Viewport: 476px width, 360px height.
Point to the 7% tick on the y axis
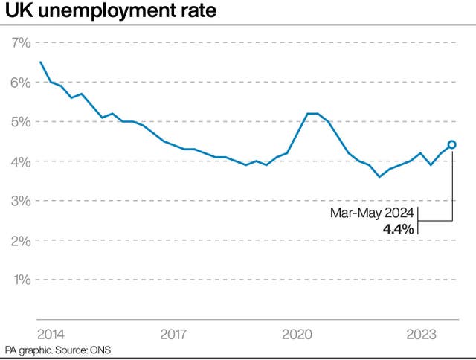21,42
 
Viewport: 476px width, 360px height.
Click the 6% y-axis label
21,82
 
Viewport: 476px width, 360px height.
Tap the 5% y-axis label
21,121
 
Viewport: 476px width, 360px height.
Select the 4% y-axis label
21,161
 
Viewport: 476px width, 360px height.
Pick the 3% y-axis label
21,201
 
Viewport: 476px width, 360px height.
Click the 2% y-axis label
21,240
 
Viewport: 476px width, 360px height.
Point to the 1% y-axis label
21,280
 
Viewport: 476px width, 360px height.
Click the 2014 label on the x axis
51,334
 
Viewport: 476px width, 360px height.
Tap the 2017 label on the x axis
173,334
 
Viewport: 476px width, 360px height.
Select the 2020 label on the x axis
297,334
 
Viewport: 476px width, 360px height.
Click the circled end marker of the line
451,145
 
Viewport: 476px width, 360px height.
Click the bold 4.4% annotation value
398,229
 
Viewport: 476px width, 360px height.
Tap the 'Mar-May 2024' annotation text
373,213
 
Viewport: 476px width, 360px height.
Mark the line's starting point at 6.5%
40,62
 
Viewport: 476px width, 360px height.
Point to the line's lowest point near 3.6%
379,176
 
